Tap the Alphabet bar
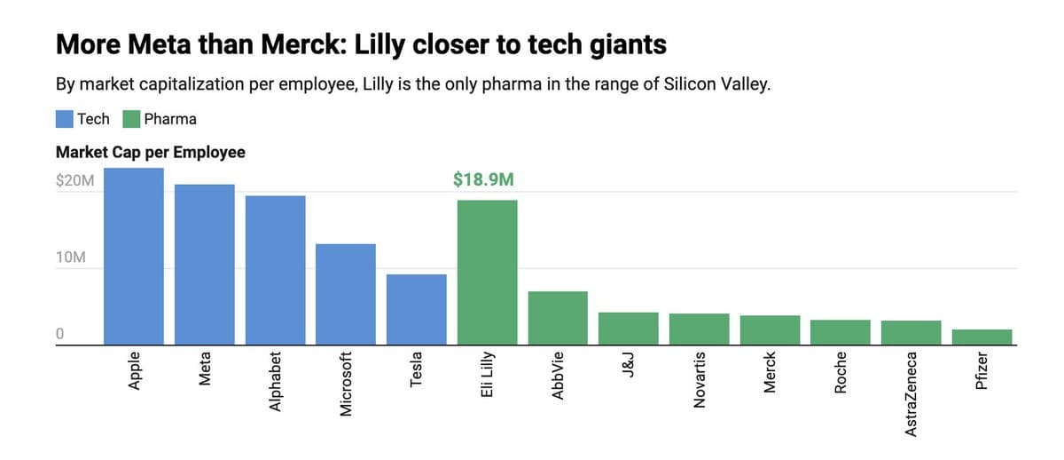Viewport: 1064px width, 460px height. (275, 270)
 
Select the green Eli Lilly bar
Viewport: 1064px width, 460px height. (487, 272)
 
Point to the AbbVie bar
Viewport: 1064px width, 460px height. (558, 317)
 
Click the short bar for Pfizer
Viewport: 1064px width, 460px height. (982, 337)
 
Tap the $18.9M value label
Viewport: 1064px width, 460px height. (483, 180)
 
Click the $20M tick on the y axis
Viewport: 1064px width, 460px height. (74, 180)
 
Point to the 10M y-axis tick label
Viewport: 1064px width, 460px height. (70, 258)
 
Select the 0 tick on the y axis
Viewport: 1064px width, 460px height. (60, 334)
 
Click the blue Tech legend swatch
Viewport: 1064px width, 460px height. (65, 119)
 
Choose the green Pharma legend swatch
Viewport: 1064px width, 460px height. (131, 119)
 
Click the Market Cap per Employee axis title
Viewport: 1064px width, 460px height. (150, 152)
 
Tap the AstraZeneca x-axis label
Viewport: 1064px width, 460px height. (911, 392)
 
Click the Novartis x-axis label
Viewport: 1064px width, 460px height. (699, 379)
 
